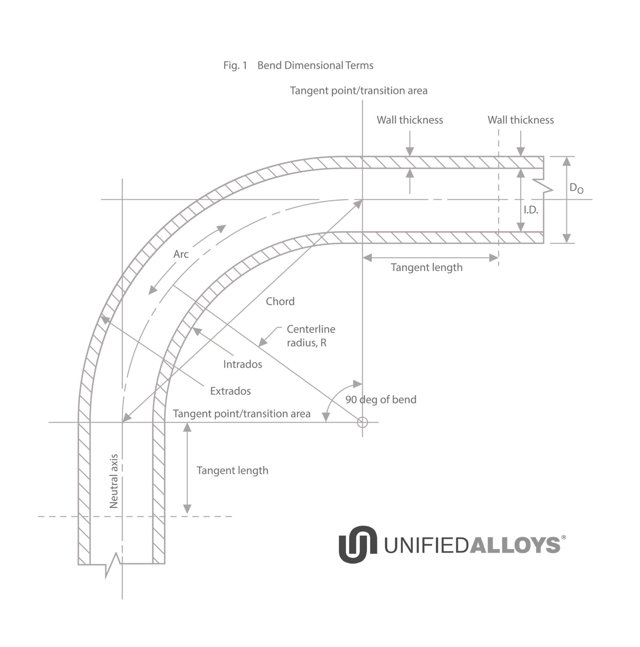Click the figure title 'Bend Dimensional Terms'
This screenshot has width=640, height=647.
pyautogui.click(x=315, y=66)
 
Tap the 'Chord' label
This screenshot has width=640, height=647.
pyautogui.click(x=280, y=302)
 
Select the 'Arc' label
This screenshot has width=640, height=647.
pyautogui.click(x=181, y=254)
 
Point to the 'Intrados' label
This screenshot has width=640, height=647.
pyautogui.click(x=243, y=364)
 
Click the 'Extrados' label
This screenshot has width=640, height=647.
pyautogui.click(x=231, y=391)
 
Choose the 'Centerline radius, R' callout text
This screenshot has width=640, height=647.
pyautogui.click(x=311, y=336)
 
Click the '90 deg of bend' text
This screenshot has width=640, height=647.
pyautogui.click(x=381, y=400)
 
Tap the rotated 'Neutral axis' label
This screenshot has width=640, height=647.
pyautogui.click(x=114, y=481)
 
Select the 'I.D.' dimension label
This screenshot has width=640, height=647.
pyautogui.click(x=531, y=210)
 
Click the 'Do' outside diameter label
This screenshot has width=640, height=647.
pyautogui.click(x=576, y=188)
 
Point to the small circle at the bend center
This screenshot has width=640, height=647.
pyautogui.click(x=363, y=422)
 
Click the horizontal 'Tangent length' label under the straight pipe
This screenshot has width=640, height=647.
pyautogui.click(x=427, y=268)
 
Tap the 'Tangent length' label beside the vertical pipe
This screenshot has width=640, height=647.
pyautogui.click(x=232, y=471)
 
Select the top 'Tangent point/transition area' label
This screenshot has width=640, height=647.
pyautogui.click(x=359, y=91)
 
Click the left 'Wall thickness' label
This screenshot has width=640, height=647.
pyautogui.click(x=410, y=120)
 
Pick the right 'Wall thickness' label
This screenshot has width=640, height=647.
pyautogui.click(x=521, y=120)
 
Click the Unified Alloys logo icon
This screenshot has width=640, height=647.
pyautogui.click(x=358, y=544)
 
